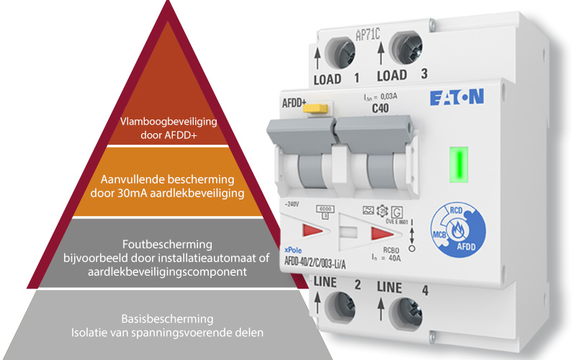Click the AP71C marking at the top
[x=369, y=34]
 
